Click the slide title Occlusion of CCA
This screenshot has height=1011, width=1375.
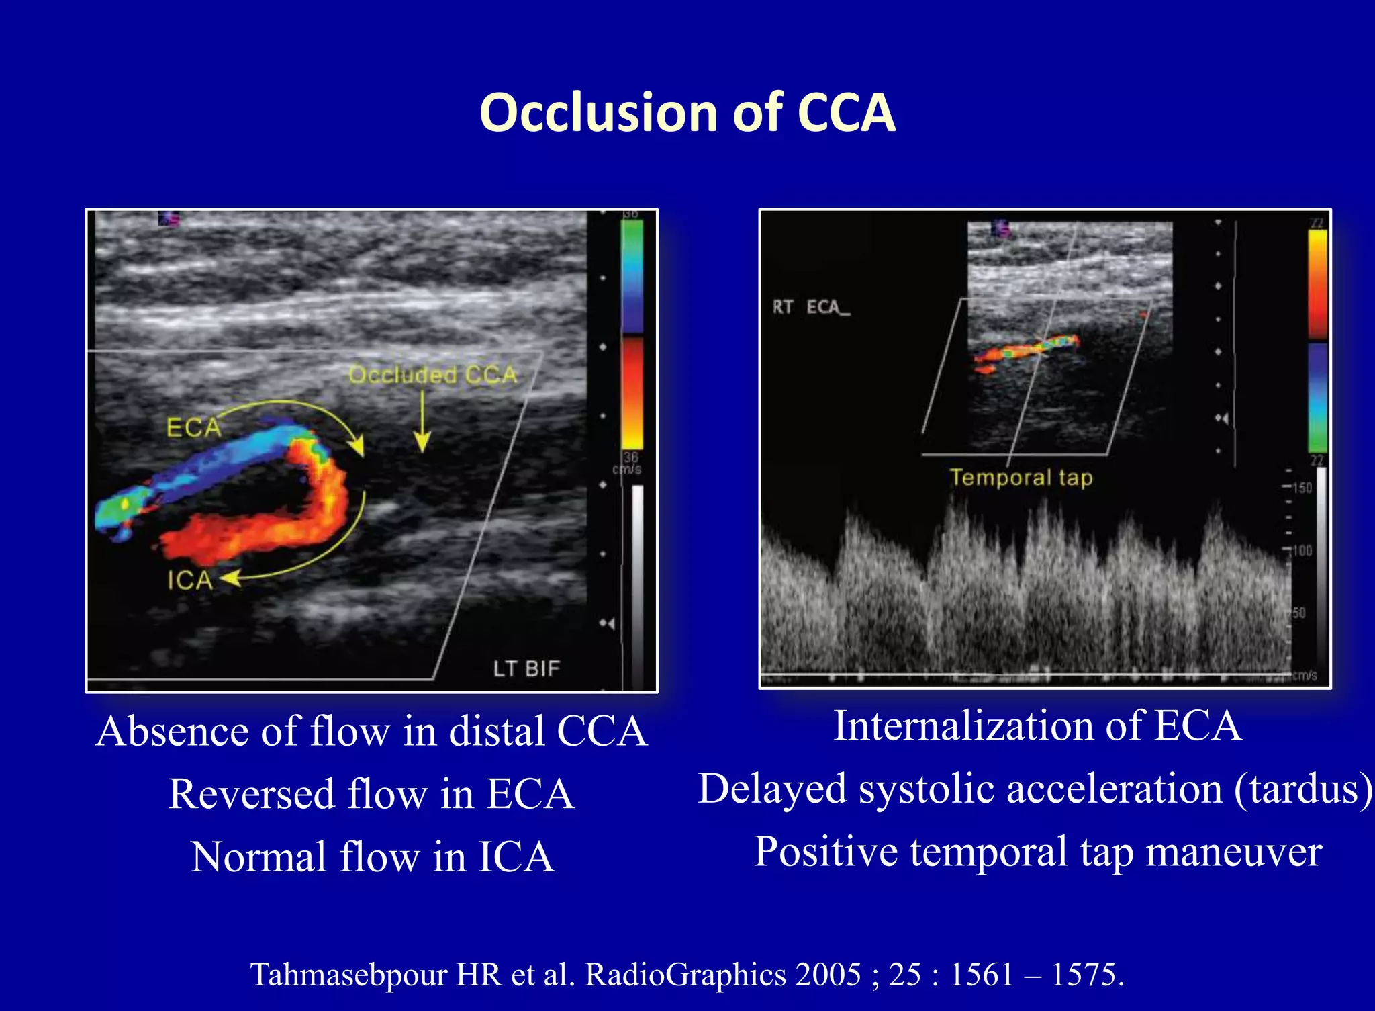687,112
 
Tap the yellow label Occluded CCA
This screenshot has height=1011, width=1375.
433,375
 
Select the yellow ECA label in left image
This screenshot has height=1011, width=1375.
193,428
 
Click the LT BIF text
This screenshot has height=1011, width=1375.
526,669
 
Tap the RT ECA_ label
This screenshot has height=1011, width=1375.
810,308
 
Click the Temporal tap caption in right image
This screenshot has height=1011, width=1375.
1021,478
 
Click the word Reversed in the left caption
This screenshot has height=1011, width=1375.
251,794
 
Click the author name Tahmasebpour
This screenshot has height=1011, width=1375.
348,974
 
